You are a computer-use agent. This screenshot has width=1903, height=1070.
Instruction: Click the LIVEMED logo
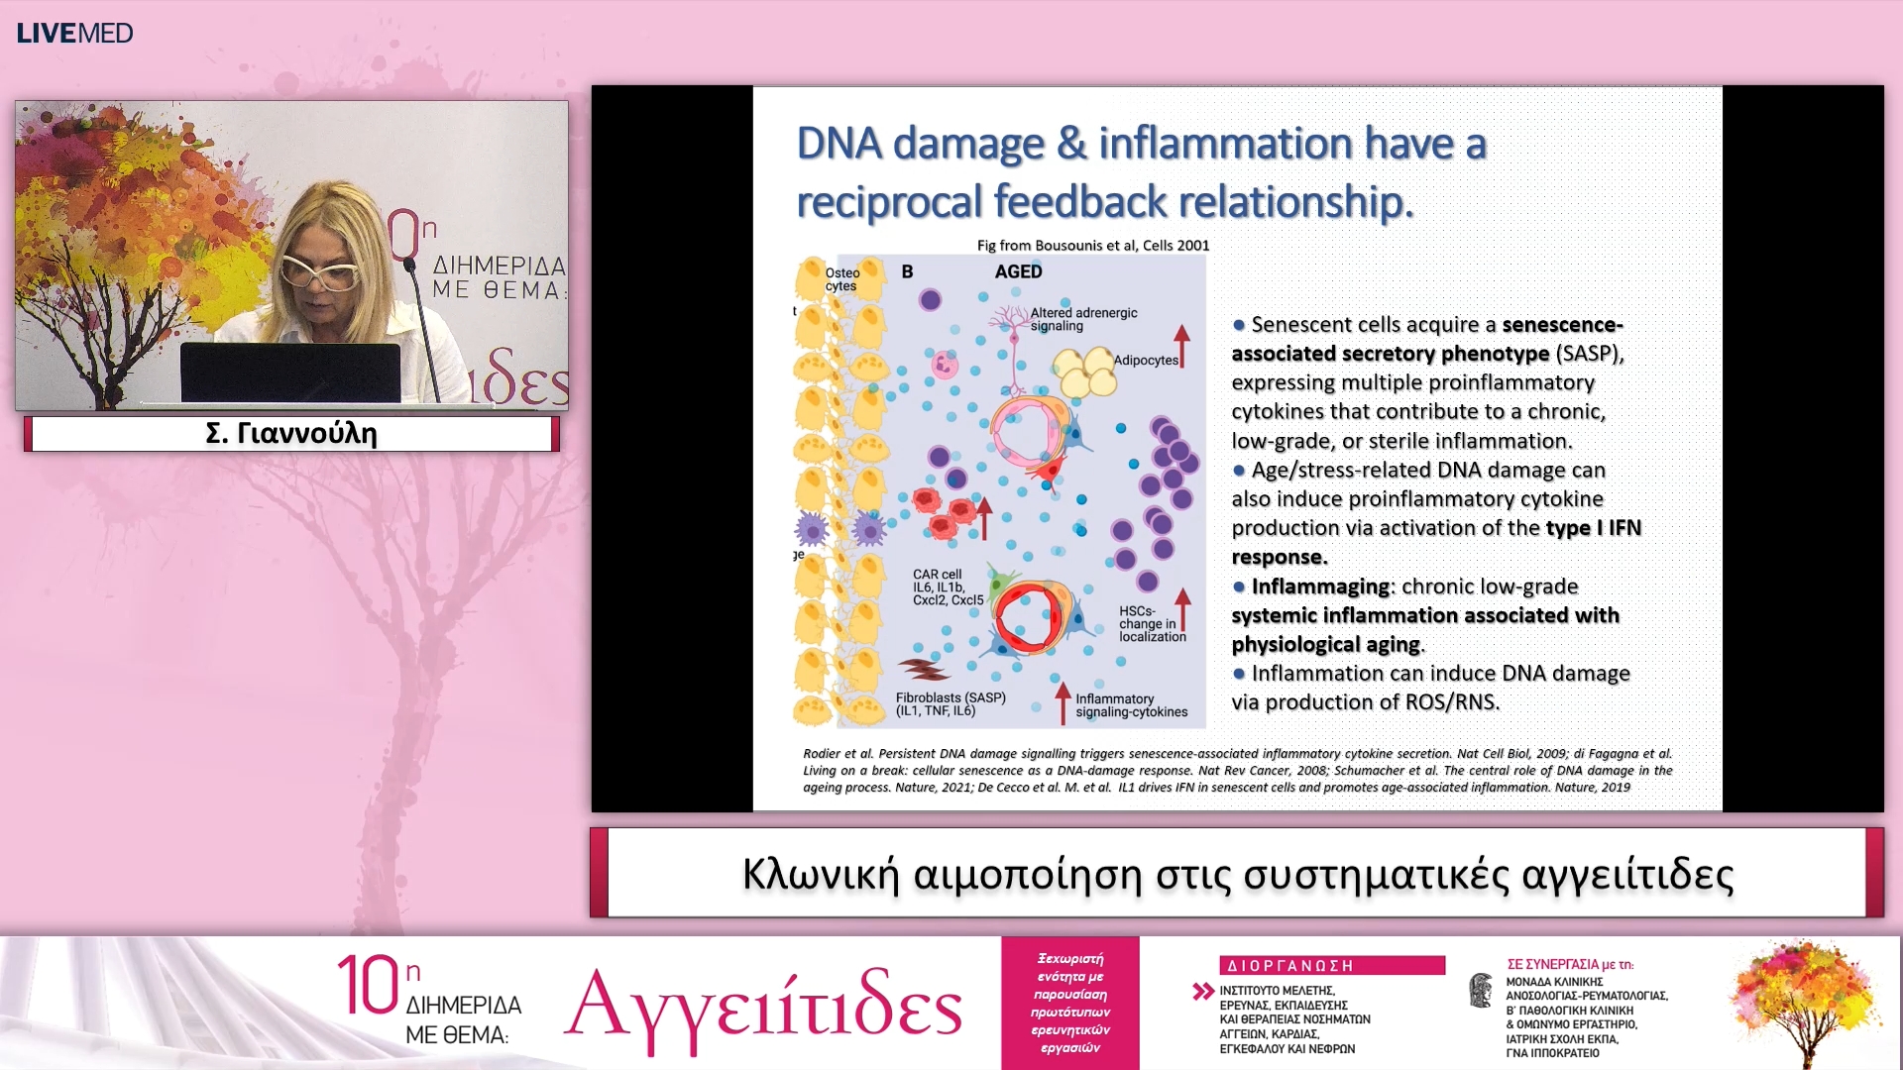(x=74, y=33)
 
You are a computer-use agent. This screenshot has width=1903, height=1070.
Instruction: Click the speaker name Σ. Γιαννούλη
(x=291, y=434)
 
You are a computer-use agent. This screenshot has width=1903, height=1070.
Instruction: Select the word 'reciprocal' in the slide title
(x=889, y=202)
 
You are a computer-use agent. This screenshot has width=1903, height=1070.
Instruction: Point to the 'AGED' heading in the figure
(x=1019, y=271)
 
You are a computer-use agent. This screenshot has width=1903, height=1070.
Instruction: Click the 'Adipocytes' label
(x=1146, y=360)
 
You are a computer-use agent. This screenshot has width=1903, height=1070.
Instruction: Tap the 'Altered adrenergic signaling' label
(x=1084, y=319)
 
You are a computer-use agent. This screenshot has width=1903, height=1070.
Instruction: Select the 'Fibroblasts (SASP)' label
(x=951, y=697)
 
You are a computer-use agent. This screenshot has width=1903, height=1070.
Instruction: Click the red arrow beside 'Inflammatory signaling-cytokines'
(x=1063, y=701)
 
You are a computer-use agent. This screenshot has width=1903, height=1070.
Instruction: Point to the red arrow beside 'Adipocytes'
(x=1181, y=346)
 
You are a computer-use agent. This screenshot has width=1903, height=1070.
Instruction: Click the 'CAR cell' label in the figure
(x=938, y=575)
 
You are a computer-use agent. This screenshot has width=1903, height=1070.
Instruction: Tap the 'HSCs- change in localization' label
(x=1153, y=624)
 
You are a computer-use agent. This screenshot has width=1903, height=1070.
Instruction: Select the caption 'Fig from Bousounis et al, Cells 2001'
(x=1093, y=246)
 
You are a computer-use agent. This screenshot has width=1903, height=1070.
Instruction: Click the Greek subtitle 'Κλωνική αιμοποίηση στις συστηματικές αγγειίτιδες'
(x=1238, y=875)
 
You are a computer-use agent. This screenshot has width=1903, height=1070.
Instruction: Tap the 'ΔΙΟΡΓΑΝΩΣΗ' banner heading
(x=1290, y=965)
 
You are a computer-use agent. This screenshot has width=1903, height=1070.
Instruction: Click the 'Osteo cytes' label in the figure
(x=842, y=279)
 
